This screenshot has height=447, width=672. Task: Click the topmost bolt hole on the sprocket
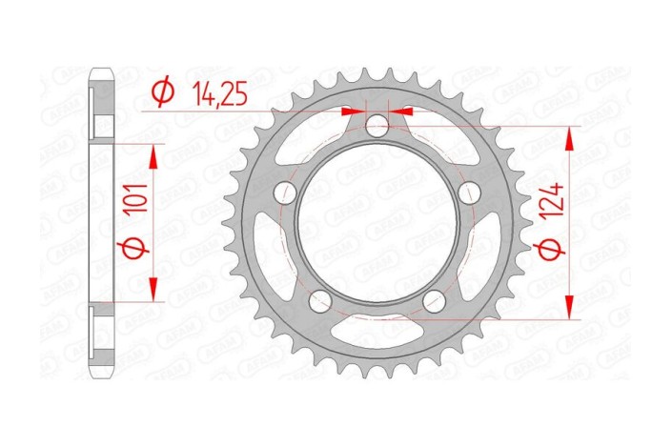377,125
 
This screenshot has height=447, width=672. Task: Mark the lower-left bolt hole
319,301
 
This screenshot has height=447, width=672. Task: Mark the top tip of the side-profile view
100,69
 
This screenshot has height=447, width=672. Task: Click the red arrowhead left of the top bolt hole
355,112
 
